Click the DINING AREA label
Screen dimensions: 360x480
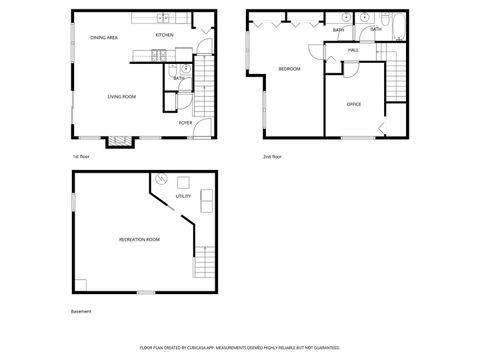(104, 37)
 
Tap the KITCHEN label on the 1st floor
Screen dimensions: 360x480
(164, 35)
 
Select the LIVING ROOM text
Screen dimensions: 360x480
(122, 96)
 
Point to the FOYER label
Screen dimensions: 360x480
(185, 123)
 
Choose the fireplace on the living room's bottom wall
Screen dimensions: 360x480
(120, 141)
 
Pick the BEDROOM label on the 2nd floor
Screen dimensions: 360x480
(289, 68)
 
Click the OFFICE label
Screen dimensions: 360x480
(353, 104)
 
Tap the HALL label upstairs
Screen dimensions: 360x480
(353, 49)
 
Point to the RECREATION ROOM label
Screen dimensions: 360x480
(139, 240)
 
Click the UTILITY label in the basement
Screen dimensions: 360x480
(183, 196)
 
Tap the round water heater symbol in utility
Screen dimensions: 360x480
(160, 182)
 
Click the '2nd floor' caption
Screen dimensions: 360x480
(272, 157)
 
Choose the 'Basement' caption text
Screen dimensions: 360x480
(81, 311)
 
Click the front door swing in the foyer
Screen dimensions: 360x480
(204, 128)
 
